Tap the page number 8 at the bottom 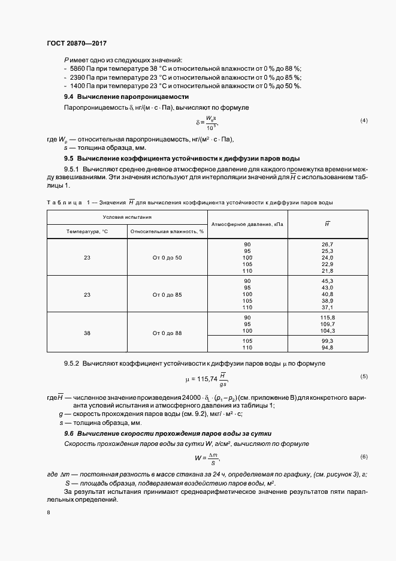pos(49,513)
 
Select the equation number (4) pos(363,121)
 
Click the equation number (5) pos(363,376)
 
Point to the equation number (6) pos(363,457)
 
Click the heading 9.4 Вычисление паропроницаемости pos(126,96)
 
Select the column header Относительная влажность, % pos(167,231)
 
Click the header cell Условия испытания pos(127,217)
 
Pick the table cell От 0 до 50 pos(167,257)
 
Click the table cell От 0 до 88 pos(167,333)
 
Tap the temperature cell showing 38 pos(87,333)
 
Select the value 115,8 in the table pos(327,317)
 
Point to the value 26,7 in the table pos(327,244)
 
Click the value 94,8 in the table pos(327,348)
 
